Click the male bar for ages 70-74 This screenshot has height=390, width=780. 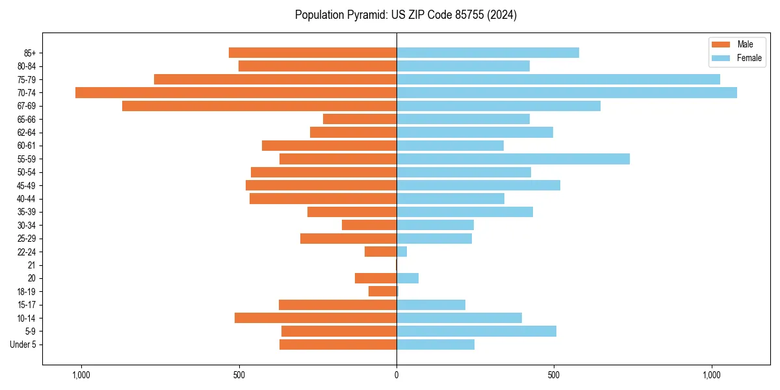click(x=236, y=93)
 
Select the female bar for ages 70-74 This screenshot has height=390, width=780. click(x=567, y=93)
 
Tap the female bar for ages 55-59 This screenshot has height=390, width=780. click(x=513, y=159)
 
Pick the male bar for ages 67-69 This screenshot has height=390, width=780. click(x=259, y=106)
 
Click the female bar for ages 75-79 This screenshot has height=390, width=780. click(x=558, y=79)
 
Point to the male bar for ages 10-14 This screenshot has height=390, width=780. click(x=315, y=318)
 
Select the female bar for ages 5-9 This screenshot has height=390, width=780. click(x=476, y=331)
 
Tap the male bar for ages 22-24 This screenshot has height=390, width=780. click(x=380, y=252)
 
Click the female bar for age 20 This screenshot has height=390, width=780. click(x=408, y=278)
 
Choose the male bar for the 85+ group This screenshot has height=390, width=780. click(x=313, y=53)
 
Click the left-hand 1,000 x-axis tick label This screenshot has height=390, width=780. click(x=81, y=376)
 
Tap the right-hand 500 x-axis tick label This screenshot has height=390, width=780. click(x=554, y=376)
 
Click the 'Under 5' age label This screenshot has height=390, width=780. click(x=23, y=344)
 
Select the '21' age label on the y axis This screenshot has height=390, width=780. click(x=31, y=265)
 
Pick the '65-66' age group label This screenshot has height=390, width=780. click(x=27, y=120)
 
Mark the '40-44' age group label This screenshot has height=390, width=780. click(x=27, y=199)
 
